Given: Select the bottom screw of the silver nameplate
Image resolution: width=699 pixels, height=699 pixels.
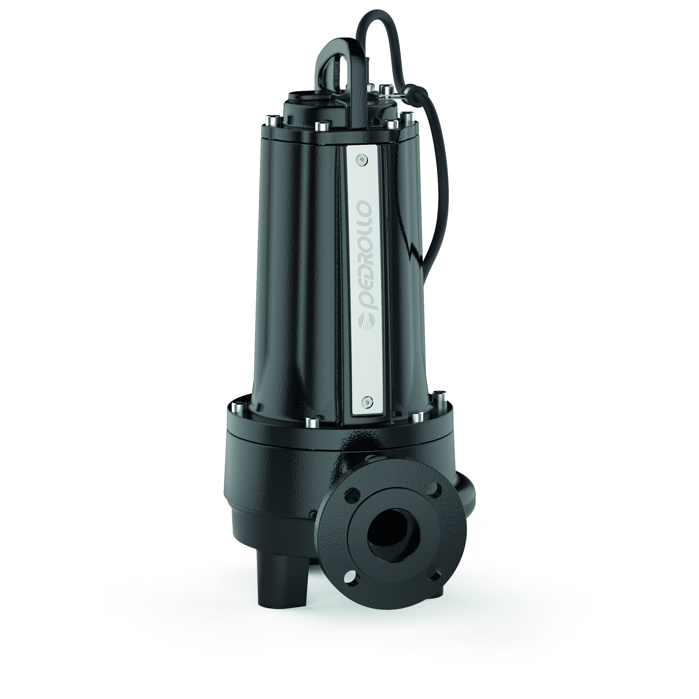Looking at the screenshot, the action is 368,401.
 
